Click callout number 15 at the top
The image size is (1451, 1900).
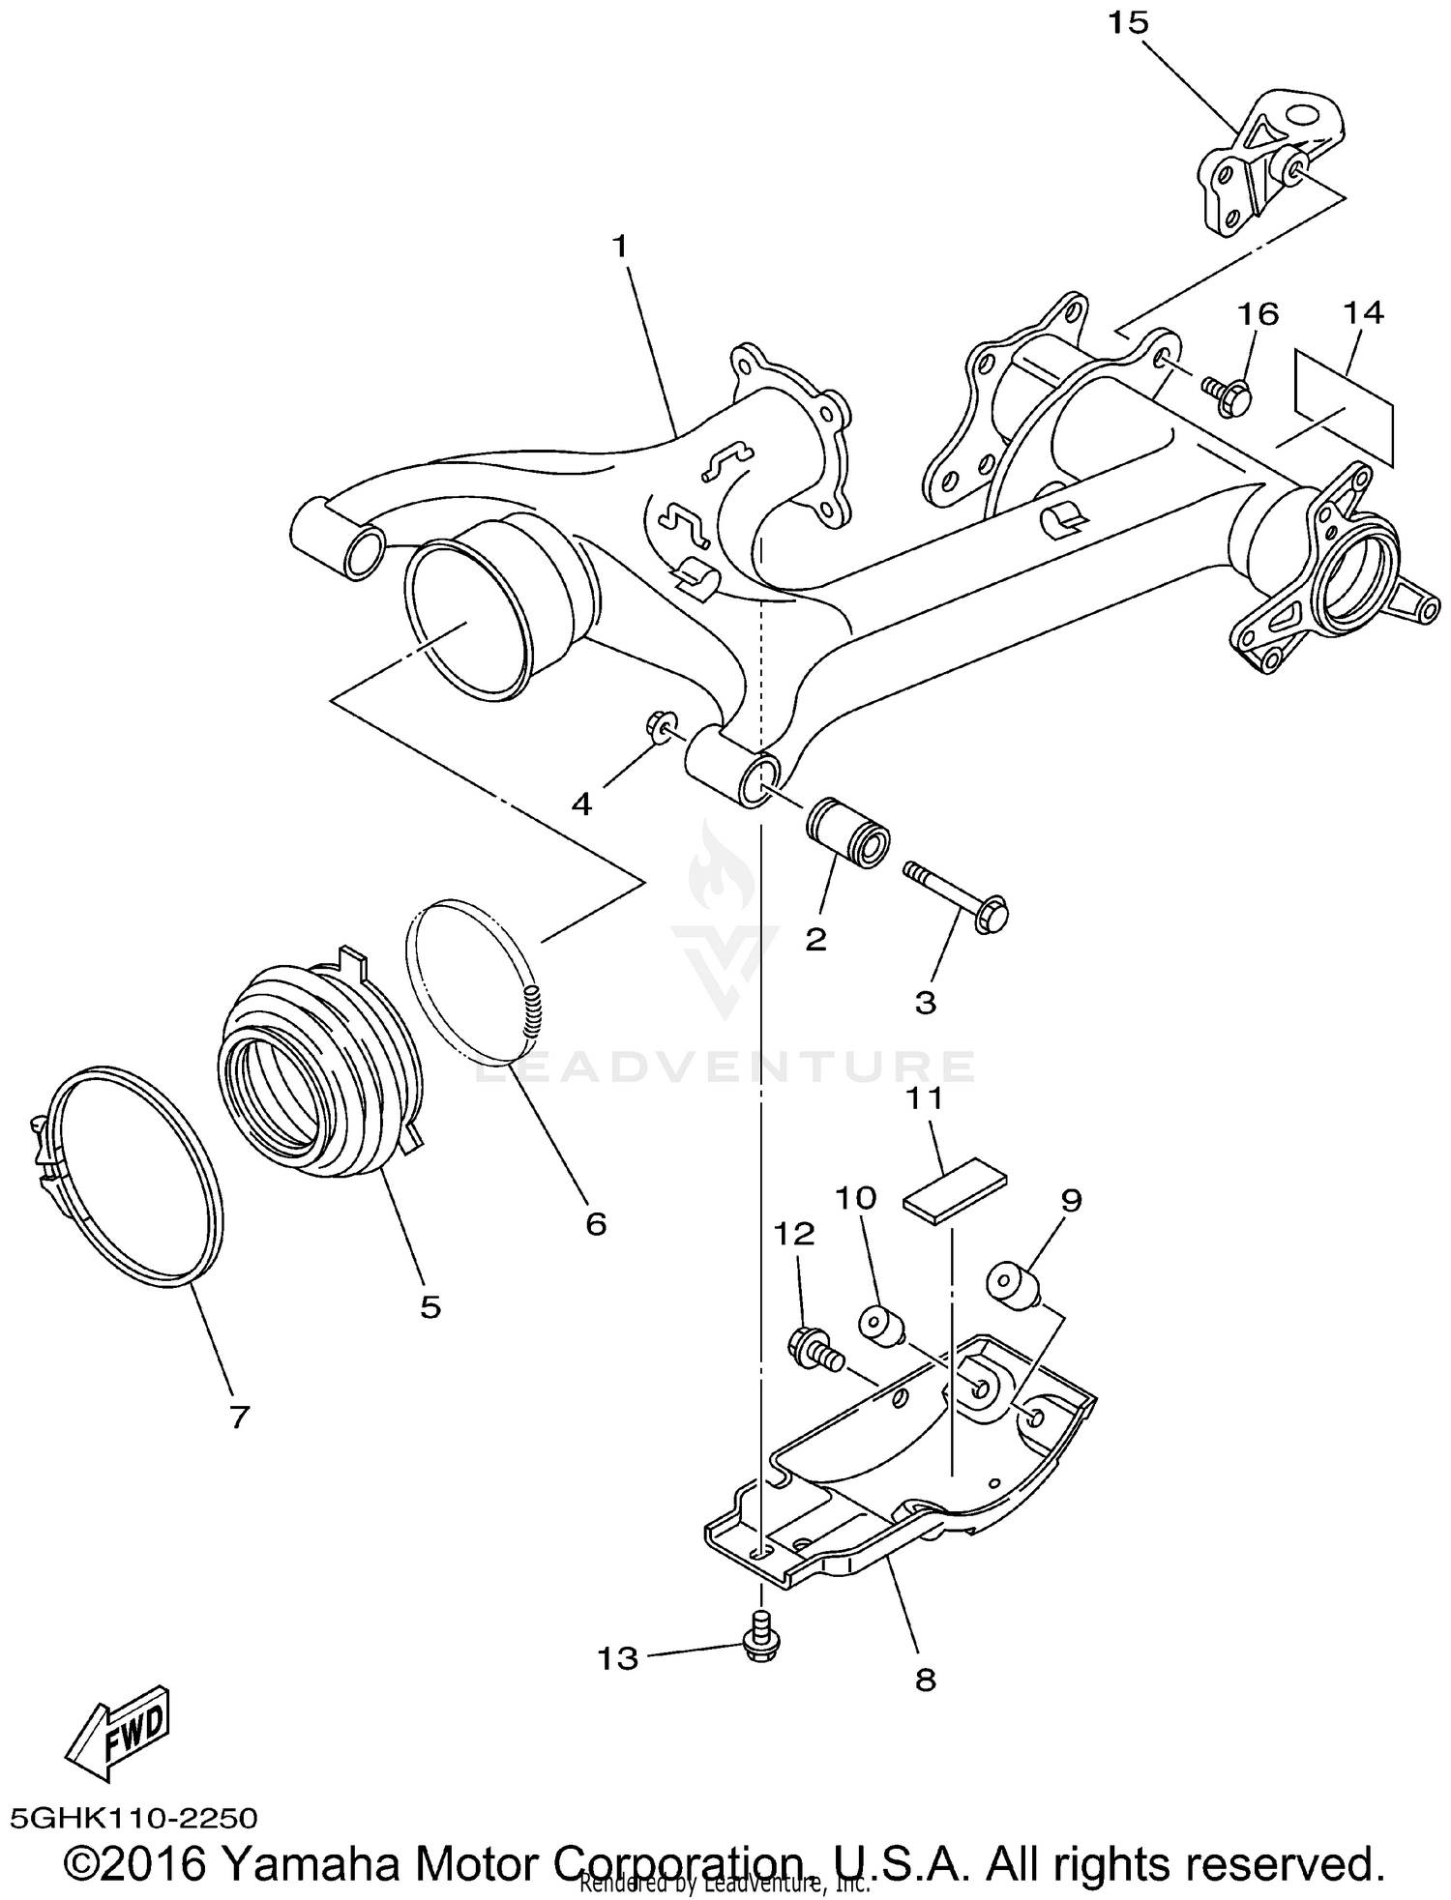point(1127,23)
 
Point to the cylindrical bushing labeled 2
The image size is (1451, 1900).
point(848,832)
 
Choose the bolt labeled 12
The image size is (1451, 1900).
point(813,1348)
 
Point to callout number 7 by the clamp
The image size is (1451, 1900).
point(239,1417)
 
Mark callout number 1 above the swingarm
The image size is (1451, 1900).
point(619,248)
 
